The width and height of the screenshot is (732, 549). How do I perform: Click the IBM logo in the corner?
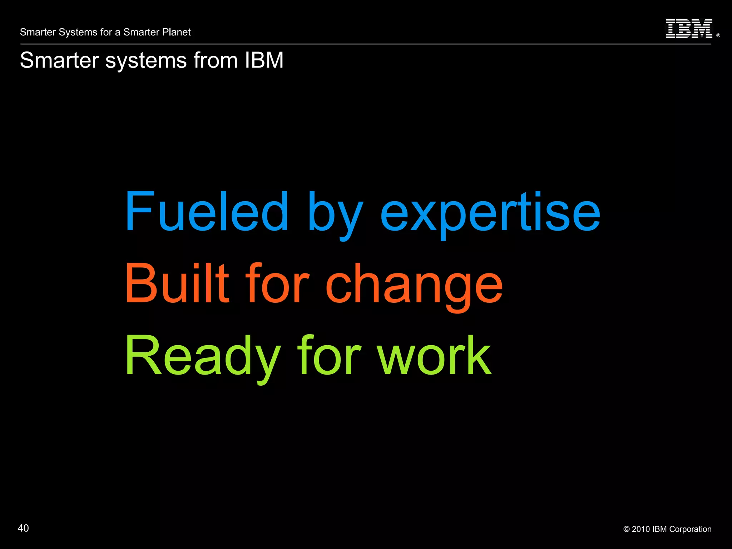[x=689, y=29]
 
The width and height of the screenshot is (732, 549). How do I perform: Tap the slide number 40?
[x=23, y=528]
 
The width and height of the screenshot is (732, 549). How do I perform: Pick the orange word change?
[x=414, y=286]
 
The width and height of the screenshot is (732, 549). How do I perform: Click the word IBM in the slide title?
[x=264, y=60]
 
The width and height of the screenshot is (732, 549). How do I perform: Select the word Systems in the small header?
[x=78, y=32]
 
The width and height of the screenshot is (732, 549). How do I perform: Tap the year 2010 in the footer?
[x=641, y=529]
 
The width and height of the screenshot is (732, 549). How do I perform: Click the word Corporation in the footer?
[x=690, y=529]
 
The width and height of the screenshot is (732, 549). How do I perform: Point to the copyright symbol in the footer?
[x=626, y=529]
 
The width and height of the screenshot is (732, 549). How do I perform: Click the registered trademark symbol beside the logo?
[x=718, y=35]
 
